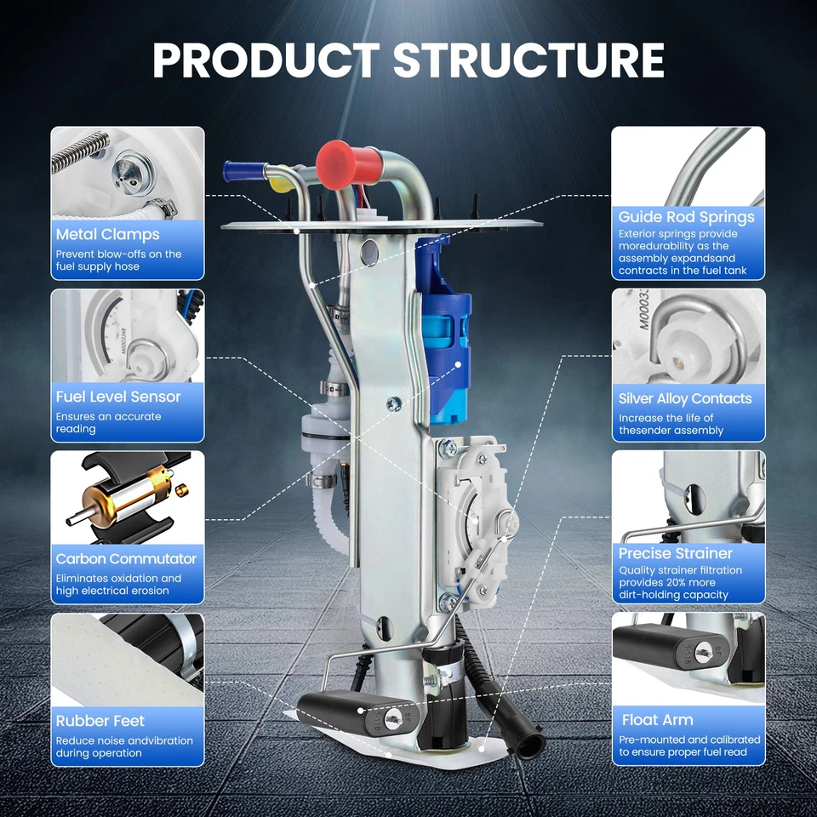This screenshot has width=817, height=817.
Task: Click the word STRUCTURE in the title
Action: [x=528, y=60]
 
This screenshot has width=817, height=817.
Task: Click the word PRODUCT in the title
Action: [x=266, y=60]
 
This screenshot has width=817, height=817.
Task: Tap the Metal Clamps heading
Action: [x=107, y=234]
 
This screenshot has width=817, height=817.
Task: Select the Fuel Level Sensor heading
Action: [x=118, y=397]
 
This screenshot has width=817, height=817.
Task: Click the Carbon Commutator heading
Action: [x=126, y=559]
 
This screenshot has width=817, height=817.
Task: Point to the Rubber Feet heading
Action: [x=100, y=721]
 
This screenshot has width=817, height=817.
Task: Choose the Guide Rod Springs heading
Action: [x=686, y=217]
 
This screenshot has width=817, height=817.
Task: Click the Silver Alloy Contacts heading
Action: [x=685, y=398]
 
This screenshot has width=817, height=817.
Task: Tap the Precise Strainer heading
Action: [x=676, y=553]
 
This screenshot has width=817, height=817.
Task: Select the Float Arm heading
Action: [x=657, y=720]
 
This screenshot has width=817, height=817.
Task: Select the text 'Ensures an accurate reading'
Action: [x=108, y=423]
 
